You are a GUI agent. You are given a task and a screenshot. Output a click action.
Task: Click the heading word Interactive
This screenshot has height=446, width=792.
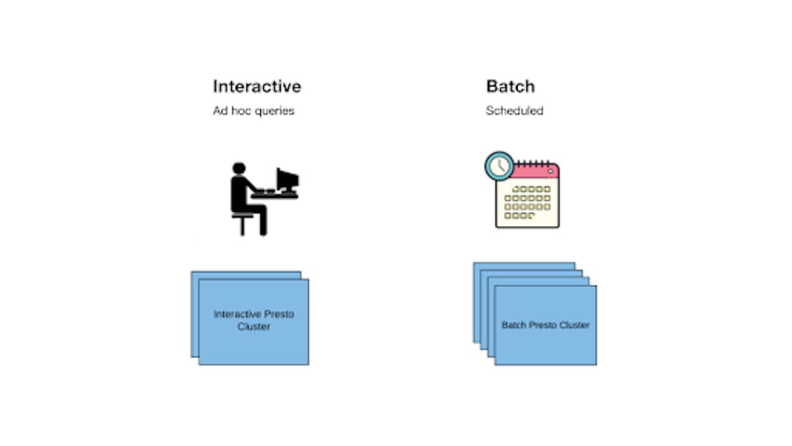coord(257,87)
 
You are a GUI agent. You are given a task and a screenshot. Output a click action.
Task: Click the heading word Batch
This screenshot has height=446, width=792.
coord(510,87)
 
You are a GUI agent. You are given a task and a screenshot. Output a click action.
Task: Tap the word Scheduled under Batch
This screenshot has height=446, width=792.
coord(514,111)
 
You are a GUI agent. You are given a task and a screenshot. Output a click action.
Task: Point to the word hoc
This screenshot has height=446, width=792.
coord(241,111)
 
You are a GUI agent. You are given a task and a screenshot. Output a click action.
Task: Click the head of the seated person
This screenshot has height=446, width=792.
coord(239,168)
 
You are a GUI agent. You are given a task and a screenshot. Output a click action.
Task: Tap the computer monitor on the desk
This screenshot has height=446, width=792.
coord(287,179)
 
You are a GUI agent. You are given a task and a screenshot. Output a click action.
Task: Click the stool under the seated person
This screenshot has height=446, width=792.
coord(243,224)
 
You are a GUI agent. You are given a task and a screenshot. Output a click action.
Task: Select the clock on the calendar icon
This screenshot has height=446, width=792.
coord(499,167)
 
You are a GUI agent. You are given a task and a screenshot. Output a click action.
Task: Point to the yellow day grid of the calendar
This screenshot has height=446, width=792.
coord(527,202)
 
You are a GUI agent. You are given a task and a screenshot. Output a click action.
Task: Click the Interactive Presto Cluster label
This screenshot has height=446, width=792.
coord(254,321)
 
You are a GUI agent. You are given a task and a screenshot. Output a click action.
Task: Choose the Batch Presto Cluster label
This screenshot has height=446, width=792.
coord(546,325)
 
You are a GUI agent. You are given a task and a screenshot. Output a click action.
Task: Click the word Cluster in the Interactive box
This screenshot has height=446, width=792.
coord(254,326)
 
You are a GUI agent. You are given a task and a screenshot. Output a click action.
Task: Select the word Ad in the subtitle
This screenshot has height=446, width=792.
coord(221,111)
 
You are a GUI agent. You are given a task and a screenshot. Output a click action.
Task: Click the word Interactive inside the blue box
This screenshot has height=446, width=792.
coord(237,314)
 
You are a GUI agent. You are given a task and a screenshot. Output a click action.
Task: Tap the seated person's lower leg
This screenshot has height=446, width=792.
coord(263,223)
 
